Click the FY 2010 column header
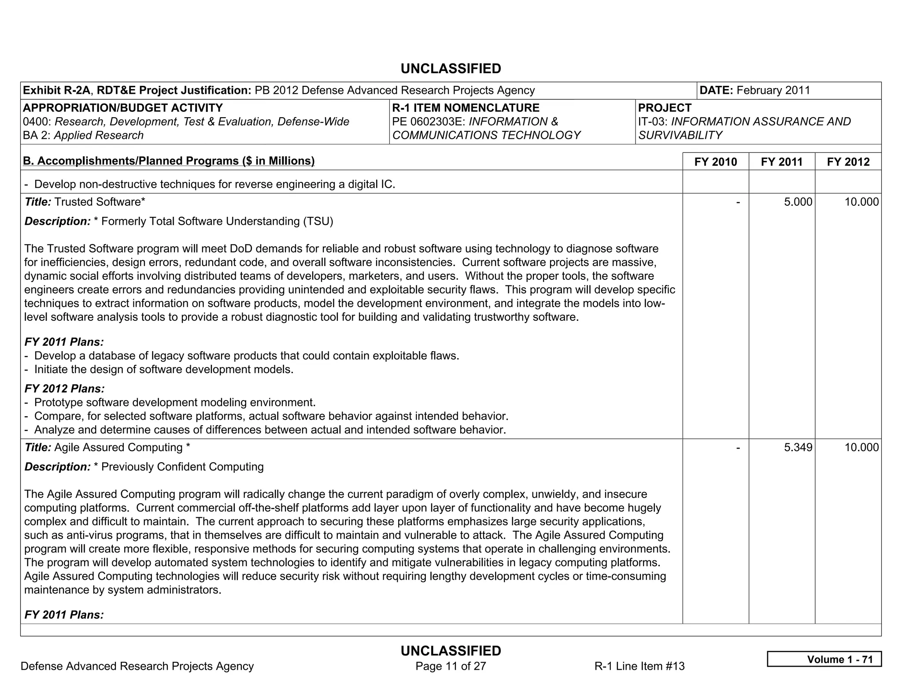715,162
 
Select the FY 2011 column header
782,162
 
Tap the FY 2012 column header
848,162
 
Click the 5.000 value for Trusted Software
798,202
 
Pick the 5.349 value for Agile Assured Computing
798,448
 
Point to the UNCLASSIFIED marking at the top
451,69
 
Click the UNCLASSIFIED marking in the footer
451,651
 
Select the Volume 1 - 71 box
824,659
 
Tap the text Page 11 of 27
451,666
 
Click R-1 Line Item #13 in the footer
639,666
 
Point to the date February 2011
773,90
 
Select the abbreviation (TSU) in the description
318,221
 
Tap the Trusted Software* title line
85,202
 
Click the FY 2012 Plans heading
64,389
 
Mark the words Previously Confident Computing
182,467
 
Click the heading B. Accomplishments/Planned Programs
169,161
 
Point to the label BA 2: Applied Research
83,135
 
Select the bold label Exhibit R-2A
56,90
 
